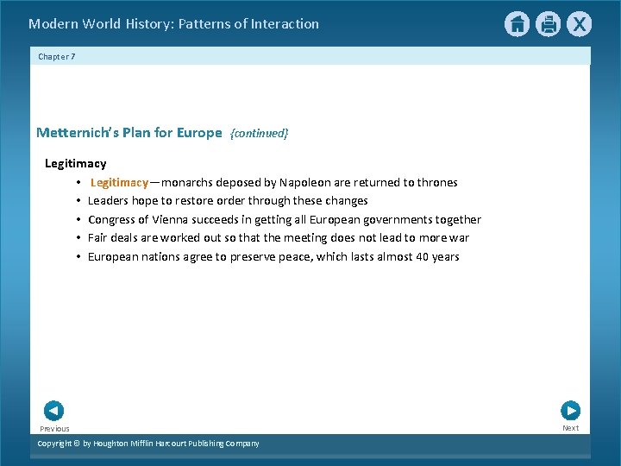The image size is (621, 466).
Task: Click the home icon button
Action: (517, 24)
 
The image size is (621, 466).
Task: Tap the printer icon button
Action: (548, 24)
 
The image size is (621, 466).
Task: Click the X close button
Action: (579, 24)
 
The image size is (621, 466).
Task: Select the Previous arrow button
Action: (53, 411)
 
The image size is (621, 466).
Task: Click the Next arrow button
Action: (570, 411)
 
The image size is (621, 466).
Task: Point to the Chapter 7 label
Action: (56, 56)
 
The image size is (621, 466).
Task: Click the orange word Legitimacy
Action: (119, 182)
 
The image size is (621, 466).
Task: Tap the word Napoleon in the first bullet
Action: (306, 182)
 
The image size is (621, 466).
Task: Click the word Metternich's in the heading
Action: (74, 132)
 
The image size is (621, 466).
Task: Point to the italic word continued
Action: (259, 133)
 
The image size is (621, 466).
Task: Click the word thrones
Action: (437, 182)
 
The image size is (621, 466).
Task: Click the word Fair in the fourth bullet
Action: (97, 237)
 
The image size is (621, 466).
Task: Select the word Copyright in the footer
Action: (57, 444)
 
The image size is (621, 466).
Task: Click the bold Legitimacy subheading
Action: (75, 163)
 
